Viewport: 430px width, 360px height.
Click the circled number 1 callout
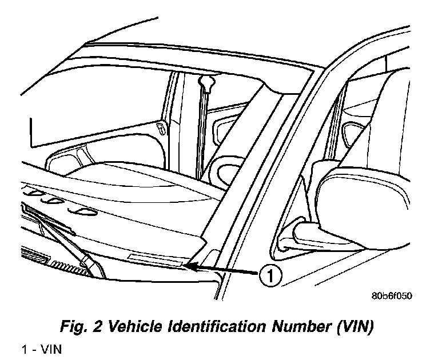[270, 276]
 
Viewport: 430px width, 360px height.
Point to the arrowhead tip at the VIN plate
[185, 265]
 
